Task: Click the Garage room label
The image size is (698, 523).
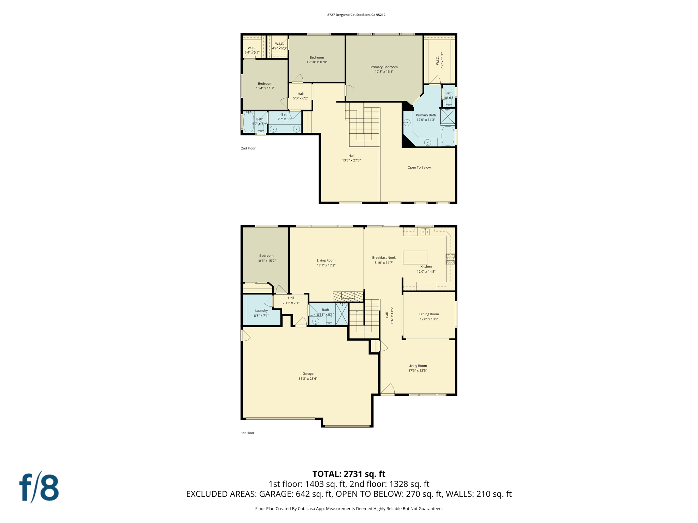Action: coord(308,374)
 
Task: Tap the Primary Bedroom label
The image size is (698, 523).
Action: coord(384,67)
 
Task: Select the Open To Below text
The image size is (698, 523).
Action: coord(419,168)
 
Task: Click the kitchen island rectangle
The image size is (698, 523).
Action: coord(415,257)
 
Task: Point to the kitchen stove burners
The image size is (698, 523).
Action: coord(450,259)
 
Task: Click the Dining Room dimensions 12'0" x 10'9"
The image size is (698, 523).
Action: coord(429,319)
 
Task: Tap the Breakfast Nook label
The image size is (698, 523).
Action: coord(384,258)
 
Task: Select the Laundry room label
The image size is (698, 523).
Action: coord(261,311)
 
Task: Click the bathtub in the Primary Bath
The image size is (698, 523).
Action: coord(447,136)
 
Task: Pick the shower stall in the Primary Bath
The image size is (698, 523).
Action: coord(447,116)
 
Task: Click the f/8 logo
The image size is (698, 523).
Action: coord(39,488)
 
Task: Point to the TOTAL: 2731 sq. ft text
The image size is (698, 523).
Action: coord(349,474)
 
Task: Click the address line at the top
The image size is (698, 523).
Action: coord(356,15)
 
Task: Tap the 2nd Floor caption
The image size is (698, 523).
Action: coord(248,148)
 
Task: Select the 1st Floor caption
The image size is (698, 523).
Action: coord(248,433)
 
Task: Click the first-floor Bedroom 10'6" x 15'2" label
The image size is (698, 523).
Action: coord(266,258)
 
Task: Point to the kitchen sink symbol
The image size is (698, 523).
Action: coord(425,232)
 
